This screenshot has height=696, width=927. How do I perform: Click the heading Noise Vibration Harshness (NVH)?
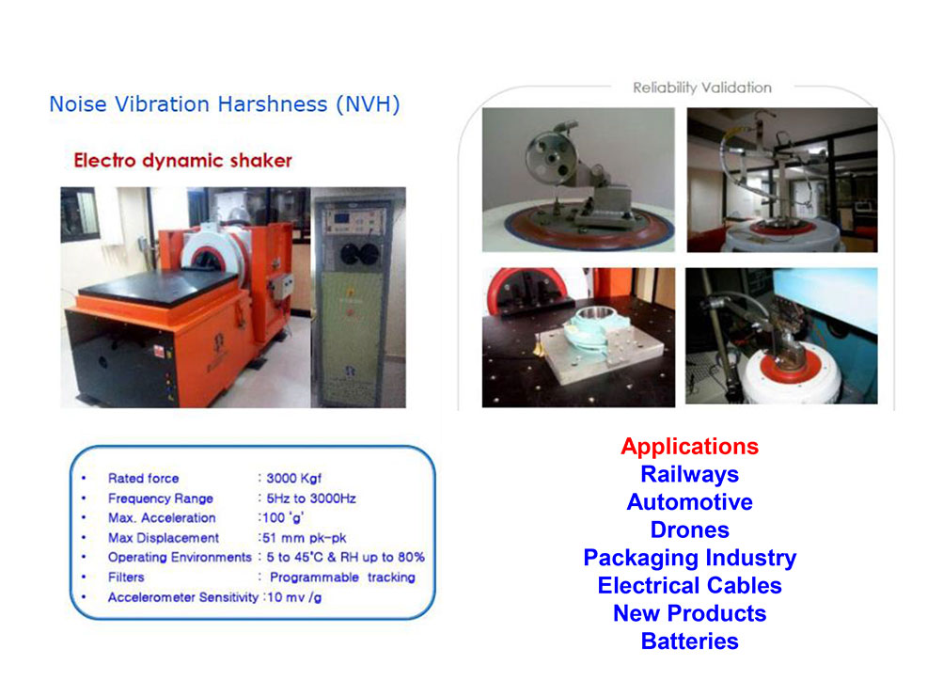coord(225,104)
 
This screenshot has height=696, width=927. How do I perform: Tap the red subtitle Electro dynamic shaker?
coord(182,160)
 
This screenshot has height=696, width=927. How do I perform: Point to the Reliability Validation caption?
coord(702,88)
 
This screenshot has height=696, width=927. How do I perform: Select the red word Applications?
coord(689,447)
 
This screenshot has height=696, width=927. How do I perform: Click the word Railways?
coord(689,474)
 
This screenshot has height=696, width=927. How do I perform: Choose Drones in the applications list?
coord(689,530)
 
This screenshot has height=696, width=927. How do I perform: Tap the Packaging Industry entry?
coord(689,558)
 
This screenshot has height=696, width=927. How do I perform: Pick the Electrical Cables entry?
coord(689,585)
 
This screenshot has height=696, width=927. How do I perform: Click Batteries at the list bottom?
coord(689,641)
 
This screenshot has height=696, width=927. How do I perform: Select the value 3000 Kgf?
coord(294,479)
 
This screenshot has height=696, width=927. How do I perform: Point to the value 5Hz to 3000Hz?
coord(311,498)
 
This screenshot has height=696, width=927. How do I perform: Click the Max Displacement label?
coord(164,538)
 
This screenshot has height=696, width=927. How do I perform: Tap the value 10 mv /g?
coord(294,598)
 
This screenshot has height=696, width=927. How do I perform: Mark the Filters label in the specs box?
coord(126,577)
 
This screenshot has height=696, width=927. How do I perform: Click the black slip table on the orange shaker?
coord(157,288)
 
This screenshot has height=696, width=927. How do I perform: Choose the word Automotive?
coord(689,502)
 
